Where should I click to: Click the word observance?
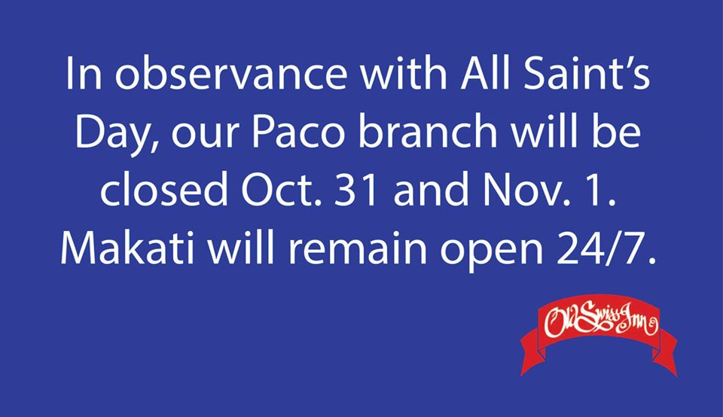point(230,75)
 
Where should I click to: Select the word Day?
point(117,134)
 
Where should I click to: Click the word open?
point(492,251)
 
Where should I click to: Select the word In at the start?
point(84,75)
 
